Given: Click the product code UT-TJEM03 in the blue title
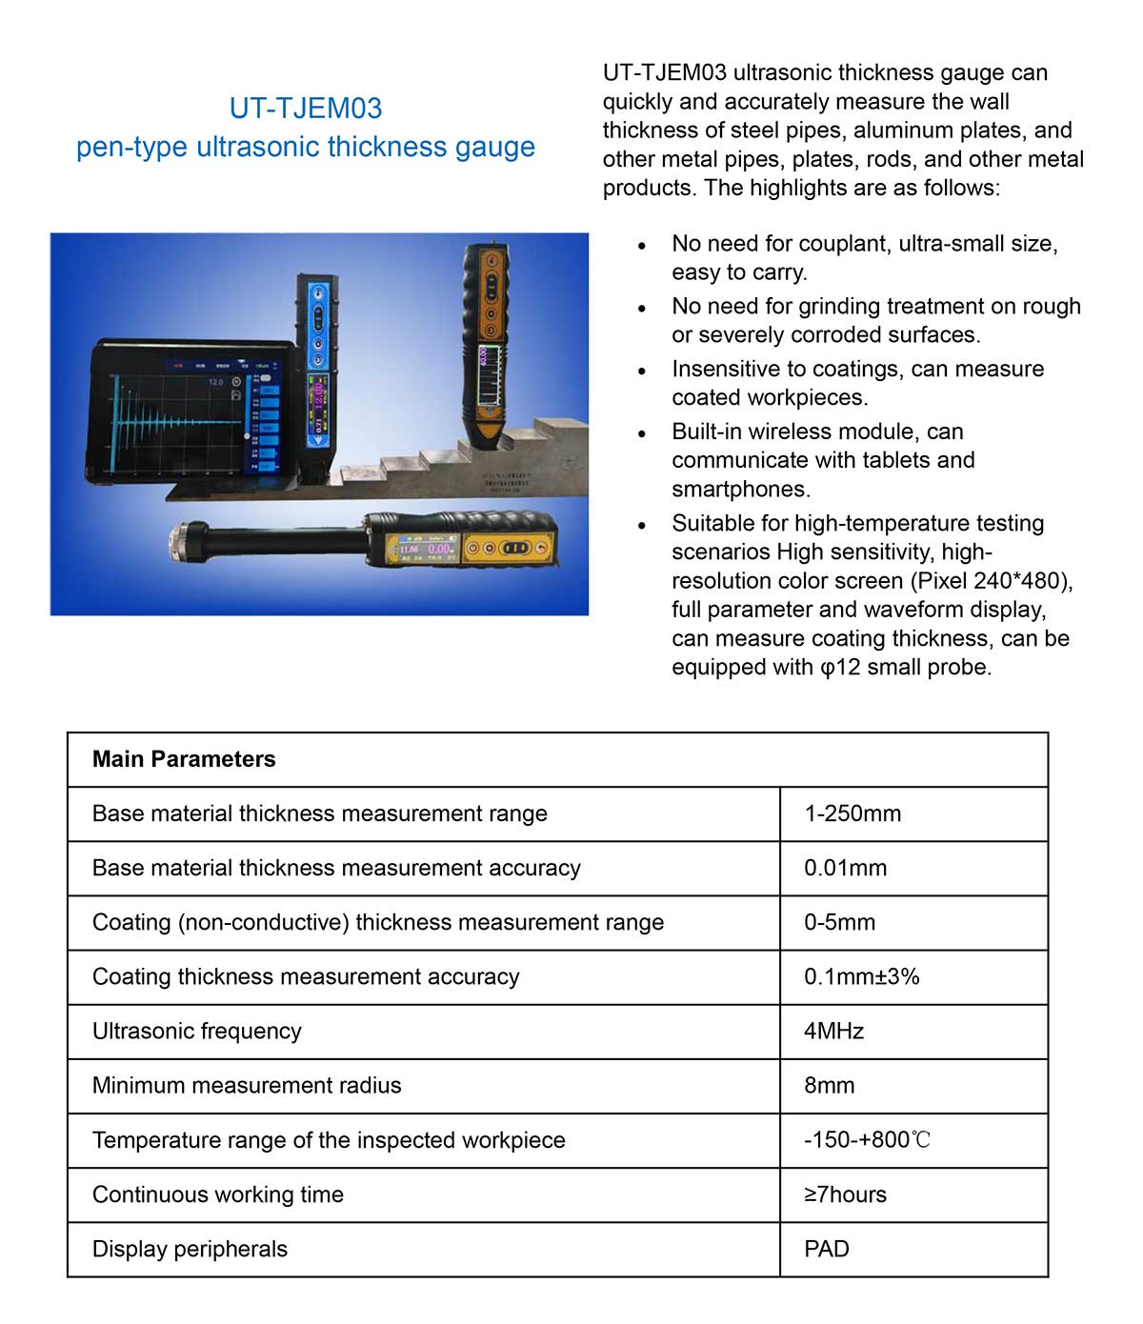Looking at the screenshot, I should (x=306, y=108).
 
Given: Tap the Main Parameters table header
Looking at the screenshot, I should (x=184, y=759).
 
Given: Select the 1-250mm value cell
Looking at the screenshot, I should (x=852, y=813).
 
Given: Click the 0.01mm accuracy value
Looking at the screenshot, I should (x=845, y=868).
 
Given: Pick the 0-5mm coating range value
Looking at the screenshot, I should (x=839, y=922).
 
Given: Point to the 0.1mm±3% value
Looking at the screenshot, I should (x=861, y=976).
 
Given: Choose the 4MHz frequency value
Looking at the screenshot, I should (x=833, y=1031).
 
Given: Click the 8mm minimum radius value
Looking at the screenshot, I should (x=829, y=1085).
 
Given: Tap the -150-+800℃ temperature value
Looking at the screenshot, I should (x=867, y=1140).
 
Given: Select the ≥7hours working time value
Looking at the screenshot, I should (x=845, y=1194).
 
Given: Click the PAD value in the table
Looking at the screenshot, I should (x=826, y=1249).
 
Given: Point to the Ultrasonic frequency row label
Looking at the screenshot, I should (x=196, y=1031).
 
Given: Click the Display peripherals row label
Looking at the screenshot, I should (x=190, y=1249).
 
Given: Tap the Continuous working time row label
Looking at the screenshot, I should (x=217, y=1194).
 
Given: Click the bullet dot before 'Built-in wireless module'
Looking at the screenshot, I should (x=643, y=433).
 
